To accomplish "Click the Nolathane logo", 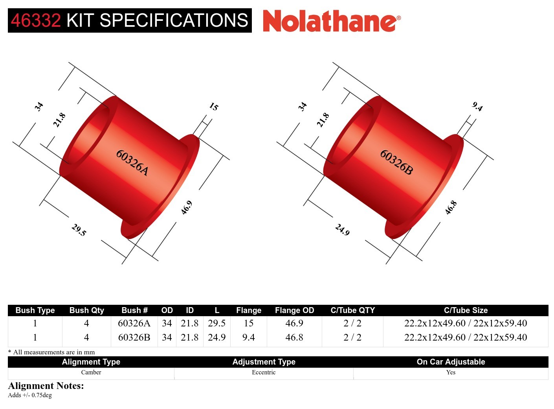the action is [x=332, y=21].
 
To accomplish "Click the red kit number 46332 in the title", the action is [x=36, y=20].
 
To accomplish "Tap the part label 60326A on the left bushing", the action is [x=132, y=162].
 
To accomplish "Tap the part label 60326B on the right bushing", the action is [x=396, y=162].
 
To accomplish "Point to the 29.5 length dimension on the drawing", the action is [x=79, y=230].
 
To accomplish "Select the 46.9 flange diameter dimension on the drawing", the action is [x=187, y=208].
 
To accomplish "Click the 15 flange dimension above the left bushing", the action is [x=214, y=107].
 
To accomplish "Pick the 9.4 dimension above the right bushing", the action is [x=477, y=107].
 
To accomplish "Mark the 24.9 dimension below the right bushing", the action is [x=343, y=230].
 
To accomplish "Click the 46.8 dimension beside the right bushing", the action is [x=451, y=208].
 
